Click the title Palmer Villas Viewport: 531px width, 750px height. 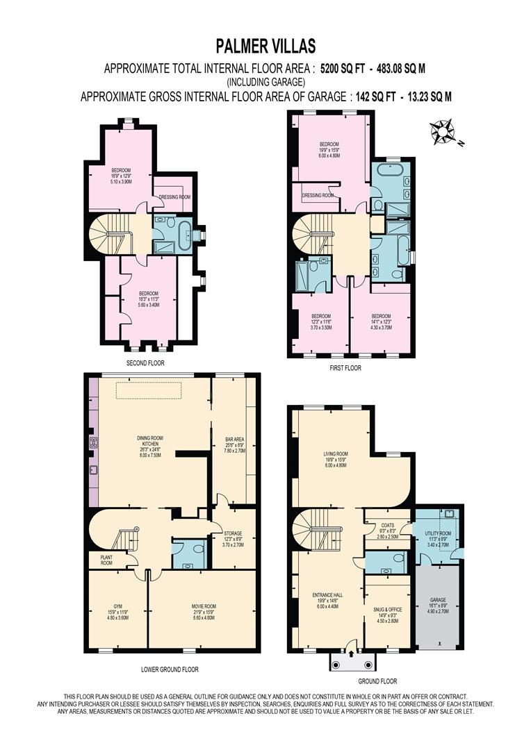(x=265, y=47)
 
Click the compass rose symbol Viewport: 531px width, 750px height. (x=441, y=131)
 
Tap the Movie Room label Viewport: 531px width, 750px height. (x=204, y=606)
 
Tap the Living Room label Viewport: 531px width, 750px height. (x=335, y=458)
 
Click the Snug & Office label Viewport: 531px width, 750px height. (x=388, y=609)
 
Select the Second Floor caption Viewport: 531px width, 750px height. (x=145, y=362)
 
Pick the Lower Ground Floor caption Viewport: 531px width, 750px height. (x=170, y=669)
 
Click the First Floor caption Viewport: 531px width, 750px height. (x=345, y=368)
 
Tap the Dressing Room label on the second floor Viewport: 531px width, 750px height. (x=174, y=197)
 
